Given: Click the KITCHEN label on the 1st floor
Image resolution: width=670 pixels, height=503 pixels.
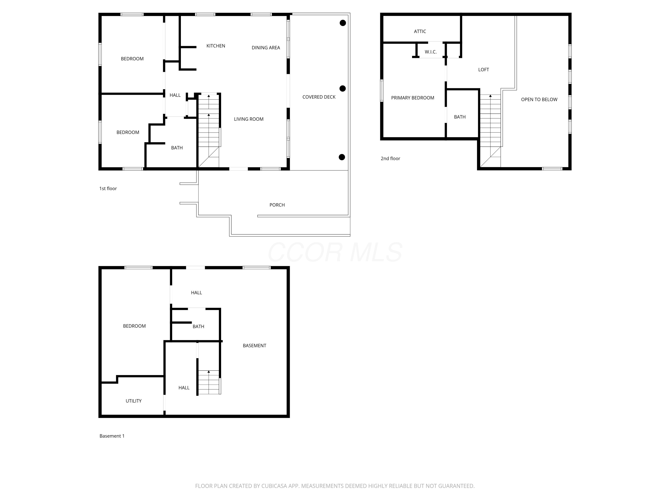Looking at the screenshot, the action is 216,46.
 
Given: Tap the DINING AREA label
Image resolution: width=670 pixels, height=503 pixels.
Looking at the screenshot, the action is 266,48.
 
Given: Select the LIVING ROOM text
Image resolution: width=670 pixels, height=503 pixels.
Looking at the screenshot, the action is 249,119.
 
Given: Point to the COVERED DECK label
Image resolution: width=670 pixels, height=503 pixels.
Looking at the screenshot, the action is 319,97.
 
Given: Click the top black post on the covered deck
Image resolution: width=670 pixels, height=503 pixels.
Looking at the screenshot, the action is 343,23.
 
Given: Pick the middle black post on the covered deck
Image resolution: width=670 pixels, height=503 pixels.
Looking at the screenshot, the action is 343,89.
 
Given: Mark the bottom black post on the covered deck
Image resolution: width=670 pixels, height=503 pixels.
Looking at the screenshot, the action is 342,157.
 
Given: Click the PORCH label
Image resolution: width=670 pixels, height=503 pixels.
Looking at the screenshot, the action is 277,205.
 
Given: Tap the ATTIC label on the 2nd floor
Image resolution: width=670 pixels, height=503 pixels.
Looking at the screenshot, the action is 420,31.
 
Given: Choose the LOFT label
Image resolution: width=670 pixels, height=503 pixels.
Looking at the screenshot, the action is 484,70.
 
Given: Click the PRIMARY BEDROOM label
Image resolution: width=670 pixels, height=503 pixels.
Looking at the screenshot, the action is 412,98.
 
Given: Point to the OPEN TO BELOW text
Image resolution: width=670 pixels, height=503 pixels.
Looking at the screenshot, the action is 539,99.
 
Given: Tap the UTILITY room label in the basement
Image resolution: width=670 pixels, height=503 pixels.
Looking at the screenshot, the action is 134,401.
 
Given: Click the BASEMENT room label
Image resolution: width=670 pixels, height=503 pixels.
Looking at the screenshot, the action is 254,346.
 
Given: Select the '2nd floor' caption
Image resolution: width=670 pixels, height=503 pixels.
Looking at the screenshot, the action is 390,159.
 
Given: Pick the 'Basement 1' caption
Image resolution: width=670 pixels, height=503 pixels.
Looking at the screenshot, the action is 112,436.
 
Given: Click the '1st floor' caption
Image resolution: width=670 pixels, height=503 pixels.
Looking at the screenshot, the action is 108,189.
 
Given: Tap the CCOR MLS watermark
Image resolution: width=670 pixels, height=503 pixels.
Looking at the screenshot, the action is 335,252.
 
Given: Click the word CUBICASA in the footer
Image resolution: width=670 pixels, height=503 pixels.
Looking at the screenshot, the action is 274,486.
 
